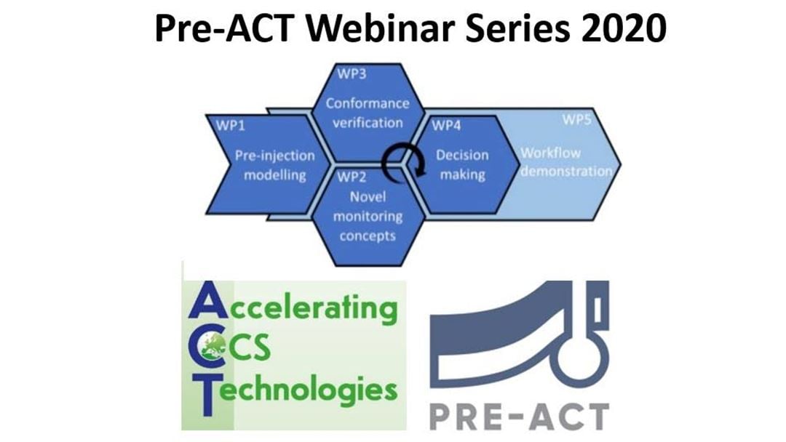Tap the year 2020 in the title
click(624, 28)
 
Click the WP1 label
click(231, 125)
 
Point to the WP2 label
click(352, 177)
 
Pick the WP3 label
click(352, 74)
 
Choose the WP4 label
click(445, 125)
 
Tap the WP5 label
click(576, 120)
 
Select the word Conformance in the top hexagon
click(368, 103)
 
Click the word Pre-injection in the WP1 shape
click(274, 156)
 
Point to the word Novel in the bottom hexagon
click(368, 197)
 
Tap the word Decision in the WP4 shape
click(462, 155)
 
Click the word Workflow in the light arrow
click(550, 153)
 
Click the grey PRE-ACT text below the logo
click(520, 417)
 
